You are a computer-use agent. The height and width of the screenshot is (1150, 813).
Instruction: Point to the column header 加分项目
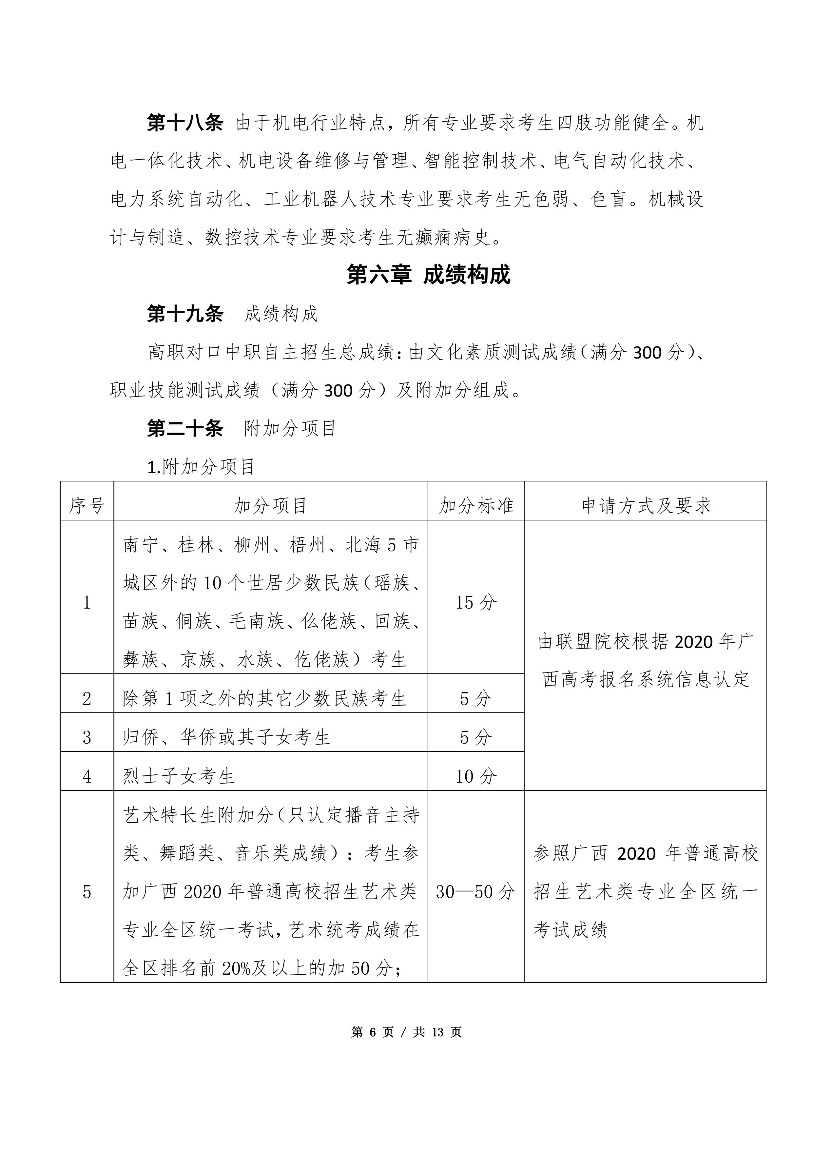270,506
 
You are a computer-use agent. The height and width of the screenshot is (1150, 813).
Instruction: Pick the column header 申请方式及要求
646,506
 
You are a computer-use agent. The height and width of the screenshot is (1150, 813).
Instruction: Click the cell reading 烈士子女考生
179,777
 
